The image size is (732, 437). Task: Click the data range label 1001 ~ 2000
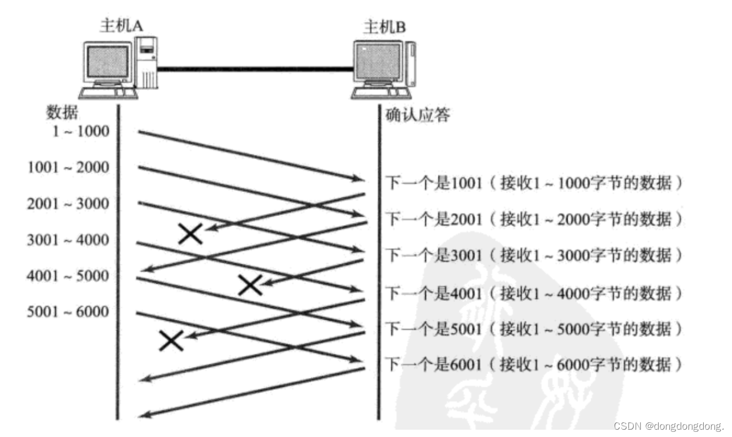coord(68,167)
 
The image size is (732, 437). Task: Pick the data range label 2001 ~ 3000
coord(68,204)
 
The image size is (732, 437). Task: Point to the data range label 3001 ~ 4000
coord(68,240)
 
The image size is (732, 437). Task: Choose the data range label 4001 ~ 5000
coord(68,276)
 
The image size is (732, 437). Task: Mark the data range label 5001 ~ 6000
coord(68,312)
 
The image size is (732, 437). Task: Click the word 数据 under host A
coord(61,113)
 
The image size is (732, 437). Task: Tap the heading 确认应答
coord(418,116)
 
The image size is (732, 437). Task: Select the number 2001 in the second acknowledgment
coord(467,219)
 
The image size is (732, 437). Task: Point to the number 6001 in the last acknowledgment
coord(467,365)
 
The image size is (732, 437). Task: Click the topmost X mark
coord(190,233)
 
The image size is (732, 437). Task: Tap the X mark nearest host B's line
coord(250,285)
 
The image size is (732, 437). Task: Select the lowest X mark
coord(171,341)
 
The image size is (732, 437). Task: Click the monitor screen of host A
coord(106,61)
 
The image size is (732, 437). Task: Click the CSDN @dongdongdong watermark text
coord(668,426)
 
